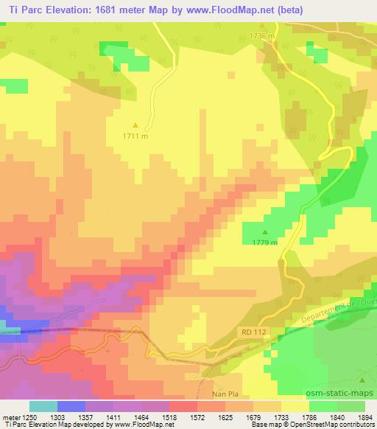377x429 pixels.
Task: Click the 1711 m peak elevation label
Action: [x=135, y=136]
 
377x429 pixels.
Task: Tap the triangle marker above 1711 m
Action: [x=135, y=125]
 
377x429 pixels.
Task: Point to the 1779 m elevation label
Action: [x=264, y=242]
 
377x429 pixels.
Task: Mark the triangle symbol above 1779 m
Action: [x=265, y=231]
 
